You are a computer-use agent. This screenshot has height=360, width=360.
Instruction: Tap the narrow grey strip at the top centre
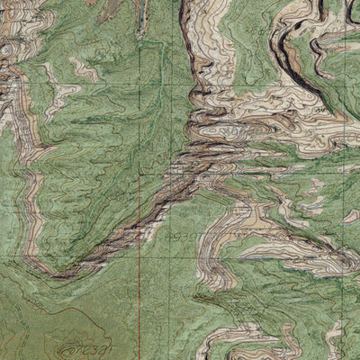pyautogui.click(x=139, y=18)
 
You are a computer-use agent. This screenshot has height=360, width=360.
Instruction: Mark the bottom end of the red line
pyautogui.click(x=139, y=358)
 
